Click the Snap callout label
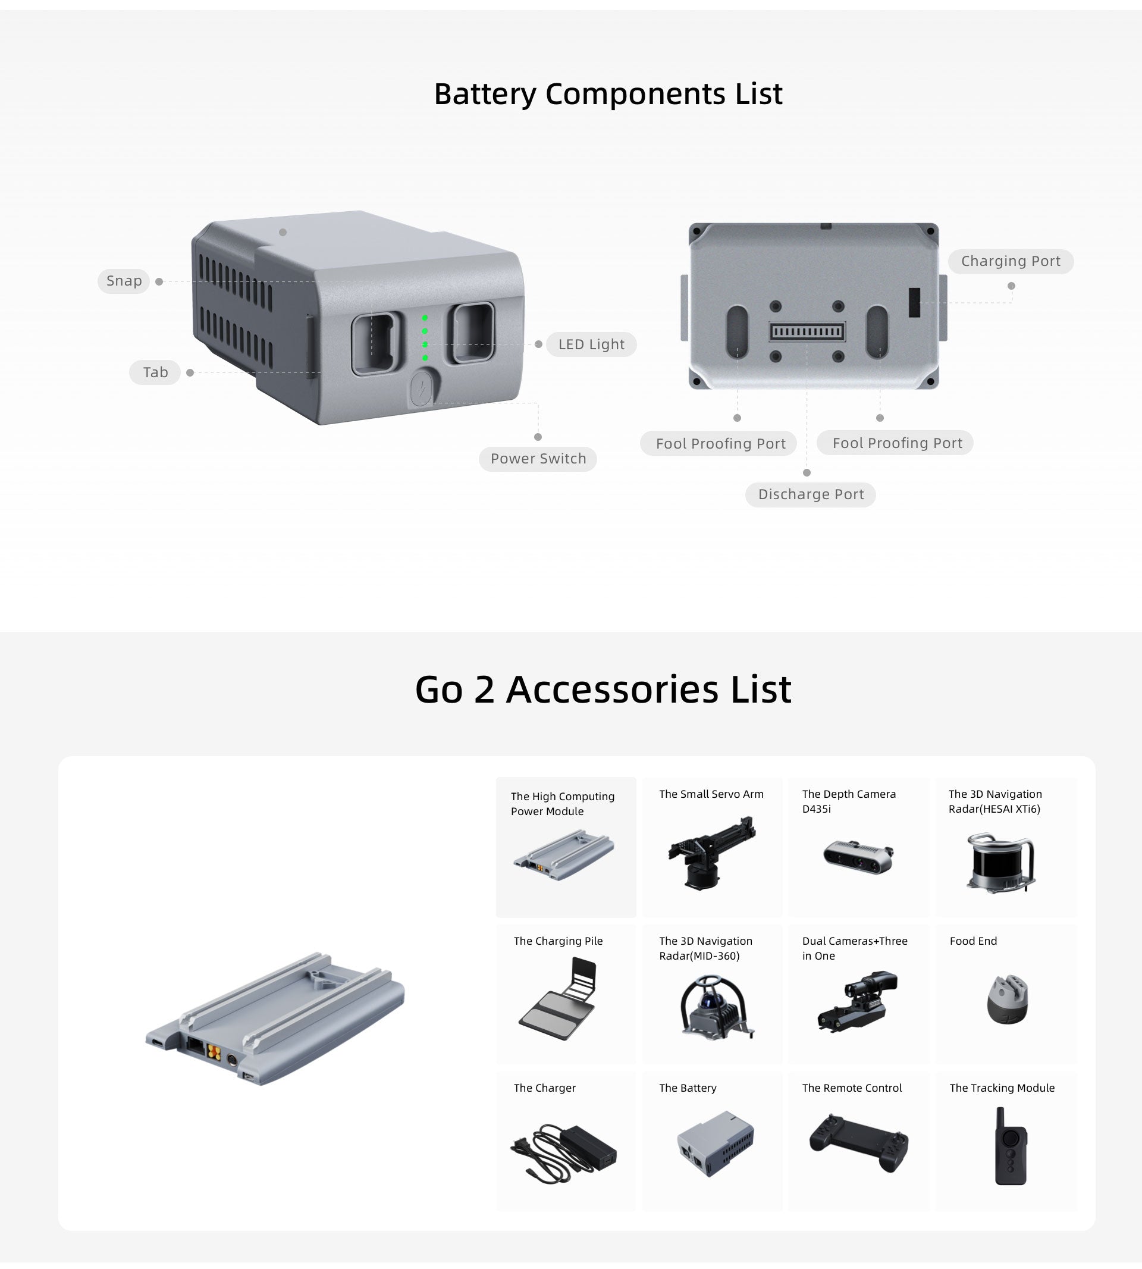(124, 281)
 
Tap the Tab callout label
(155, 372)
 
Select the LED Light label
(591, 344)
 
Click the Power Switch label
(538, 459)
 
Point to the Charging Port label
(1010, 261)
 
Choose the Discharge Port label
(810, 494)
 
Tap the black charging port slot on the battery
(914, 302)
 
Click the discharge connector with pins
(807, 331)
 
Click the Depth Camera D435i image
(858, 856)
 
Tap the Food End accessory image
(1007, 999)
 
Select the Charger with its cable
(563, 1152)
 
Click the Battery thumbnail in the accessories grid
(716, 1143)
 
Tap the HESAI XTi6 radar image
(1000, 861)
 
